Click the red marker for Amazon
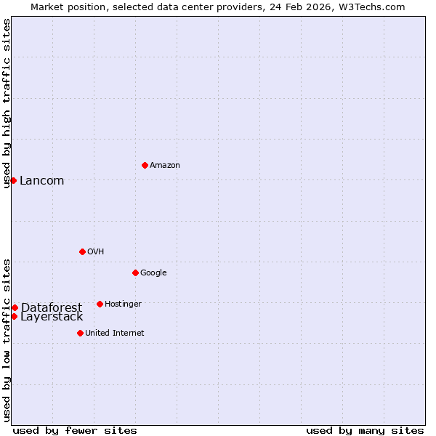(x=145, y=165)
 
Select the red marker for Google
(x=135, y=272)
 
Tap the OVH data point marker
(x=82, y=251)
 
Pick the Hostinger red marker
(x=100, y=304)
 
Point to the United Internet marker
(x=80, y=333)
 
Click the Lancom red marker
(x=13, y=180)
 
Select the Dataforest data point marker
(x=15, y=307)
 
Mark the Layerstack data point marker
(x=14, y=316)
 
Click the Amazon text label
(x=165, y=166)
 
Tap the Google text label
(x=153, y=273)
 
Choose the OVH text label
(x=96, y=252)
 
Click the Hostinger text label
(x=123, y=304)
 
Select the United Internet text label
(x=114, y=334)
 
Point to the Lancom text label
(x=41, y=181)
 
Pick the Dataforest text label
(x=51, y=308)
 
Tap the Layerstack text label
(x=52, y=317)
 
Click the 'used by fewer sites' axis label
(x=75, y=431)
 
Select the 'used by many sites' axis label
(x=365, y=431)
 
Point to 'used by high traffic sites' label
(x=7, y=103)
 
